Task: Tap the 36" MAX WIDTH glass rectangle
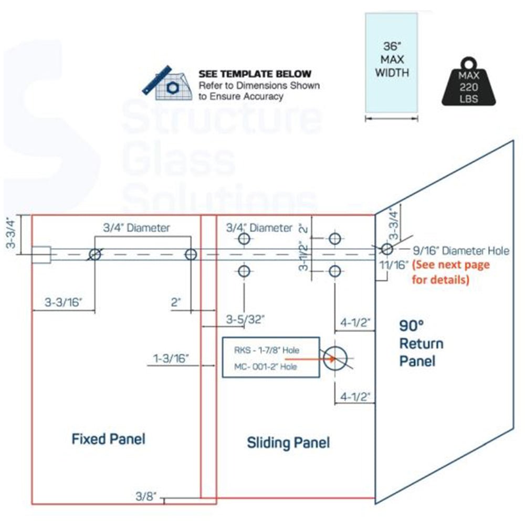pyautogui.click(x=392, y=62)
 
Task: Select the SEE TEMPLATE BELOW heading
pyautogui.click(x=255, y=74)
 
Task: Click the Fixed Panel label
pyautogui.click(x=108, y=438)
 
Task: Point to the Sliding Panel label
pyautogui.click(x=288, y=443)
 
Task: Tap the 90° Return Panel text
pyautogui.click(x=421, y=343)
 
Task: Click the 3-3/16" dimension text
pyautogui.click(x=64, y=303)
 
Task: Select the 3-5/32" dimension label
pyautogui.click(x=245, y=319)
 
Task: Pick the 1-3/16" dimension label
pyautogui.click(x=171, y=359)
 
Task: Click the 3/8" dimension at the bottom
pyautogui.click(x=146, y=496)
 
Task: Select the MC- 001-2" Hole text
pyautogui.click(x=266, y=366)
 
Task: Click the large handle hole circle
pyautogui.click(x=335, y=359)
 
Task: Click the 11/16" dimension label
pyautogui.click(x=393, y=265)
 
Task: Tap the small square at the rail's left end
pyautogui.click(x=41, y=255)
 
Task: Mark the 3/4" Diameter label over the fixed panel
pyautogui.click(x=136, y=228)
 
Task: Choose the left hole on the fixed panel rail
pyautogui.click(x=95, y=255)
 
